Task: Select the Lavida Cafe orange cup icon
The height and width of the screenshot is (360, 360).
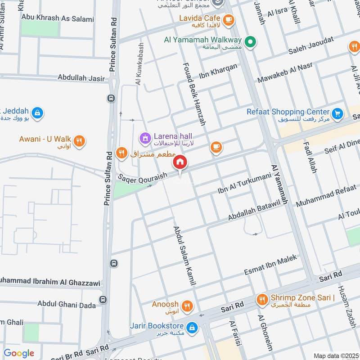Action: point(229,19)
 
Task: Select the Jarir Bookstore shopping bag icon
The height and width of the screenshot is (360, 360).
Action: point(192,327)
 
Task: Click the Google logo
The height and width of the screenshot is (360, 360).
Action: point(19,353)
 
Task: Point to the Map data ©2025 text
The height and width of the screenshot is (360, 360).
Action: point(336,355)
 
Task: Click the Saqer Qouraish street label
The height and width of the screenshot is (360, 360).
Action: point(142,176)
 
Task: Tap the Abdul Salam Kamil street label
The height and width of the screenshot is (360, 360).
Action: point(185,255)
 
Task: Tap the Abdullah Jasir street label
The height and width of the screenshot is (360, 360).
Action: point(81,78)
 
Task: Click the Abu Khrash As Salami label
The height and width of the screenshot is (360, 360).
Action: point(58,19)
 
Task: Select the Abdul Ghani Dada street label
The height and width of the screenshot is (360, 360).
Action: point(67,305)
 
